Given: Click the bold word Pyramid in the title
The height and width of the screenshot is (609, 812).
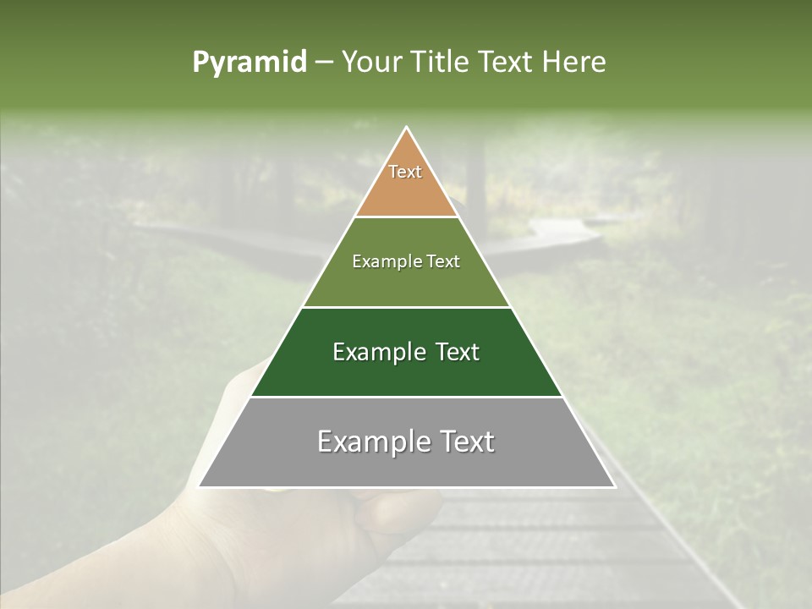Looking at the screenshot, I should coord(249,63).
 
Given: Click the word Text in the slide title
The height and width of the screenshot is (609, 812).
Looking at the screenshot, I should coord(507,62).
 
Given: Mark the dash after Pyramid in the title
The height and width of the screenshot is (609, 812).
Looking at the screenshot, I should coord(323,63).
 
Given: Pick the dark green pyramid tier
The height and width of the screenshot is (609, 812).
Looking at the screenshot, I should coord(406,372).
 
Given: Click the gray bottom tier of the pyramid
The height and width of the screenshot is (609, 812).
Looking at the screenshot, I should coord(406,465).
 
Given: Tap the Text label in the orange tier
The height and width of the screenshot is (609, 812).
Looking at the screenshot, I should coord(405,172).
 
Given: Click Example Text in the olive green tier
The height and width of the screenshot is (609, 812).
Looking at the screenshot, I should coord(406,261).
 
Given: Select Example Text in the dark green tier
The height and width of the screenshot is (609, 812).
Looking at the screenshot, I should coord(406,352).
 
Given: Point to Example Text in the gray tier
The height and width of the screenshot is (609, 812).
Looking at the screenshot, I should coord(406,442).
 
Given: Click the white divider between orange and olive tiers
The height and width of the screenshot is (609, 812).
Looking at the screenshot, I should coord(407,217).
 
